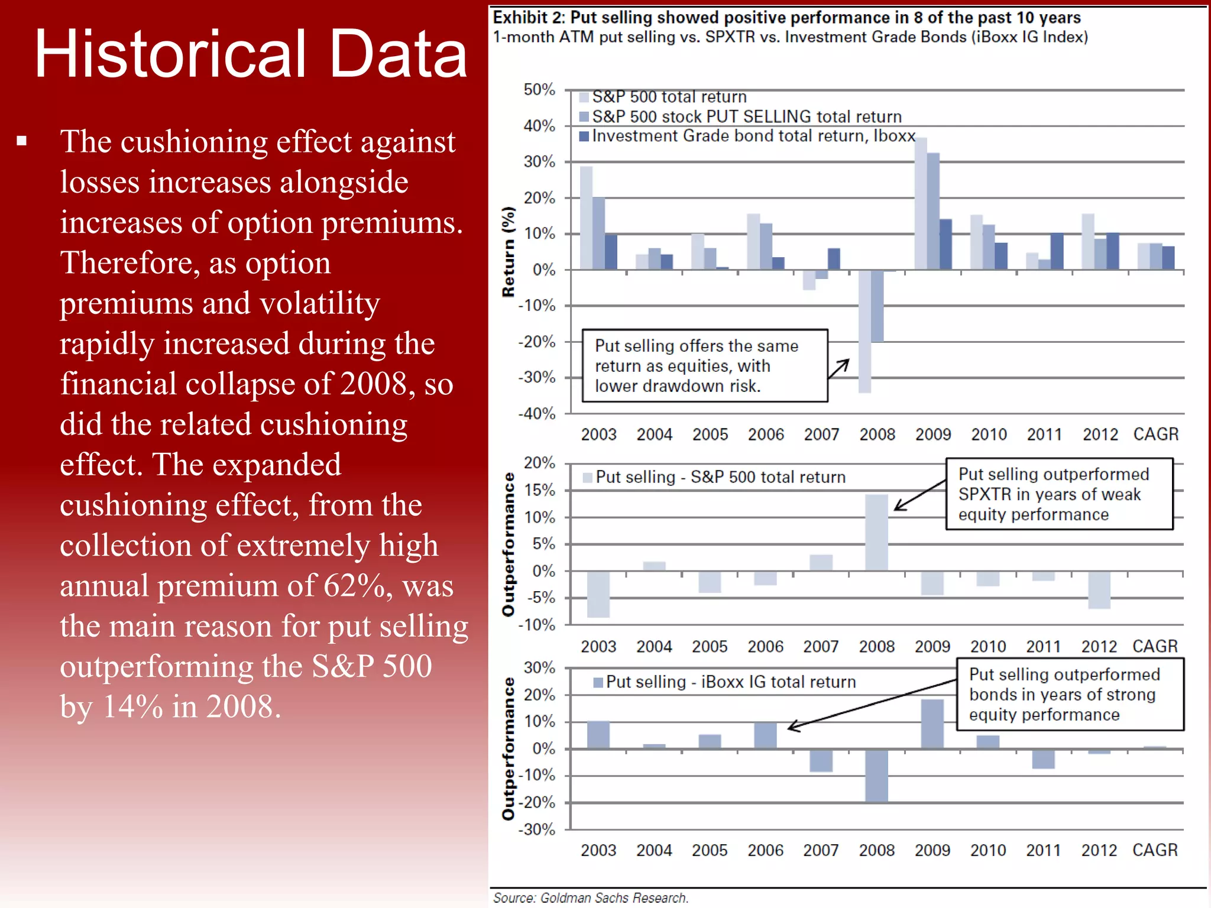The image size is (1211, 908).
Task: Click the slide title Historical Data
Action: (x=251, y=54)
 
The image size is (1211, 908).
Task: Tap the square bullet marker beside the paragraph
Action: (x=22, y=141)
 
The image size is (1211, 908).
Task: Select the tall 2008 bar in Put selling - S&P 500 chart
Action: (x=876, y=532)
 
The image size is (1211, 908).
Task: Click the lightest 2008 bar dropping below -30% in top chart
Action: (x=864, y=331)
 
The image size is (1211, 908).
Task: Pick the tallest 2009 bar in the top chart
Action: (x=921, y=204)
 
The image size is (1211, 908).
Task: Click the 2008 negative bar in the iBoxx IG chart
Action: (x=876, y=776)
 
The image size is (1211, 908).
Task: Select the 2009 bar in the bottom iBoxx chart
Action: (x=932, y=724)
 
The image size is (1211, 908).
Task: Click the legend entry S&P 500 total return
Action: (x=668, y=97)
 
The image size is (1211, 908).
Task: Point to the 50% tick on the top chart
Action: (x=539, y=90)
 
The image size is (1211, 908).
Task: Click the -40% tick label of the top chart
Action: (x=537, y=414)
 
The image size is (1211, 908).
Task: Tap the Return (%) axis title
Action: (x=509, y=252)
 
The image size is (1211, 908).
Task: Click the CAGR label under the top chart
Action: (x=1155, y=434)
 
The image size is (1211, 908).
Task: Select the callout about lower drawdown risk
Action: (x=704, y=366)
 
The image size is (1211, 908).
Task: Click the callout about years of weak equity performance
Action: (x=1058, y=494)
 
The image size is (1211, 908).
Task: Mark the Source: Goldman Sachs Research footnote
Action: (x=591, y=897)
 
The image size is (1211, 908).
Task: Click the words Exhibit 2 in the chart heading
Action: (x=529, y=18)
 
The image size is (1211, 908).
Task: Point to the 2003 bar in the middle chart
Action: (x=598, y=594)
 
